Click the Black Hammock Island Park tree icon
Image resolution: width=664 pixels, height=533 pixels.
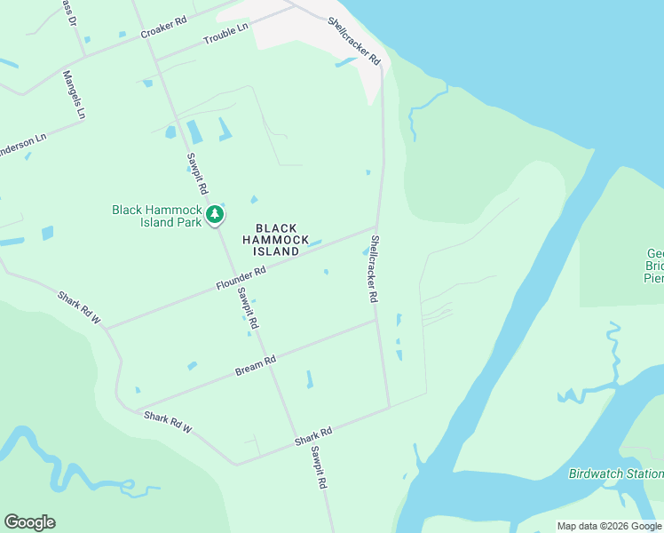click(x=214, y=214)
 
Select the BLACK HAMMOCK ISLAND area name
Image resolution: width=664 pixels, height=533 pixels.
click(x=276, y=240)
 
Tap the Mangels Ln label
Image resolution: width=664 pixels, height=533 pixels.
click(x=74, y=94)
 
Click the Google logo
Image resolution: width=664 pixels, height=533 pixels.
click(x=29, y=522)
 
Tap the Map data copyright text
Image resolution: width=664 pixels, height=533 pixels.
click(x=609, y=526)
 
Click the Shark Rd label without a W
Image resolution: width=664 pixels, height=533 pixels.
click(x=313, y=437)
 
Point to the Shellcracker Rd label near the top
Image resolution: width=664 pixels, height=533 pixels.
click(x=354, y=41)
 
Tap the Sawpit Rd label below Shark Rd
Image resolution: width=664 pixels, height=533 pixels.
click(x=319, y=467)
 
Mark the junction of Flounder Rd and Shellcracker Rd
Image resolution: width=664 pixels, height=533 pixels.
click(x=376, y=227)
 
